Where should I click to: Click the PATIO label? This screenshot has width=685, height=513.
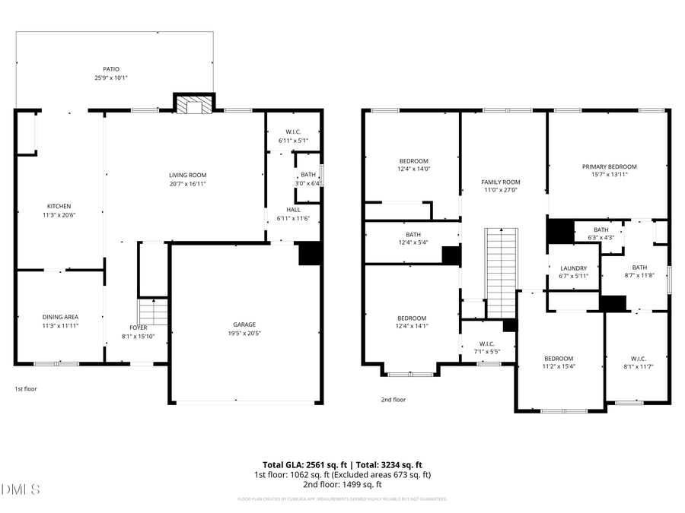tap(111, 69)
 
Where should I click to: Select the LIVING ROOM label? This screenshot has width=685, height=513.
tap(187, 176)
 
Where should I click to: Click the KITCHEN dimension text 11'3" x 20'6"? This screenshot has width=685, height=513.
tap(59, 215)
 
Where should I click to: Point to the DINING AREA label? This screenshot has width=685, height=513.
tap(60, 317)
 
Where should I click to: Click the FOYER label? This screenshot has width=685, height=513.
tap(138, 328)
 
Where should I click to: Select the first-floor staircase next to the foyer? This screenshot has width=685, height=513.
tap(153, 312)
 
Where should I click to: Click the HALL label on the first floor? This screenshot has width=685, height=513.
tap(293, 210)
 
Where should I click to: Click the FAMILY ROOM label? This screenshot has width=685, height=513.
tap(500, 182)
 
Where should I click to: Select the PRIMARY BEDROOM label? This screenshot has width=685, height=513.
tap(609, 166)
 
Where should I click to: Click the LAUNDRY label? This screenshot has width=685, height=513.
tap(573, 268)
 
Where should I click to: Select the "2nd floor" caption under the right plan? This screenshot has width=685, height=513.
tap(393, 399)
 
